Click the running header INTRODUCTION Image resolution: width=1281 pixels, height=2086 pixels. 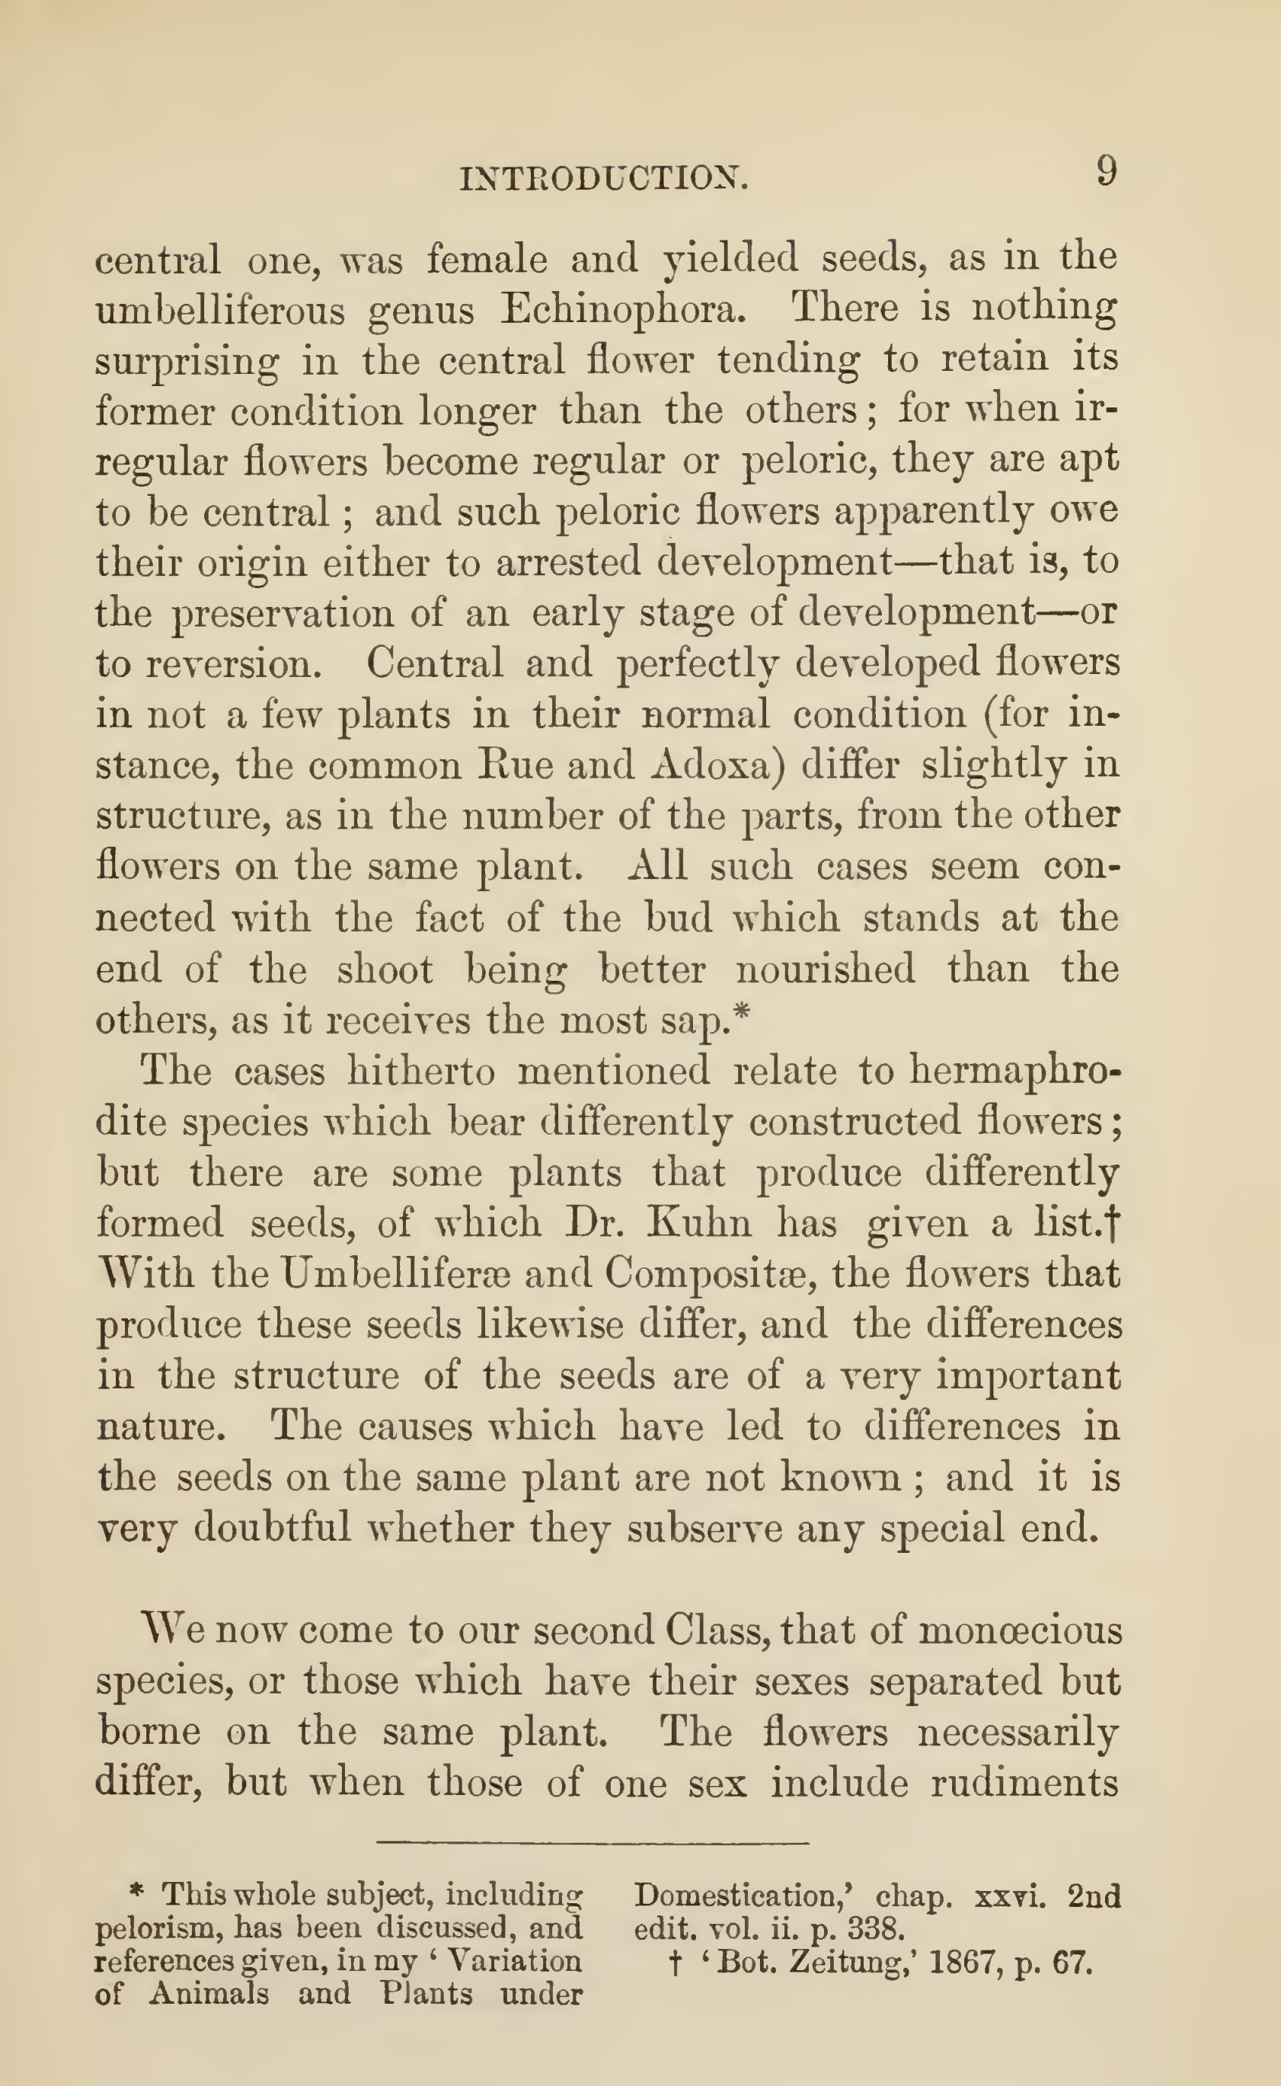603,179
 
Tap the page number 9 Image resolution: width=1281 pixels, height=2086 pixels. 1107,172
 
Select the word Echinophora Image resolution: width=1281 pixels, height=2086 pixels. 623,310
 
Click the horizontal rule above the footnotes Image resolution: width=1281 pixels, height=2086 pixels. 593,1843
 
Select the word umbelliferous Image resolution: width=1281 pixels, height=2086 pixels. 220,310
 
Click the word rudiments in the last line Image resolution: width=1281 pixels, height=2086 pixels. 1025,1784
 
